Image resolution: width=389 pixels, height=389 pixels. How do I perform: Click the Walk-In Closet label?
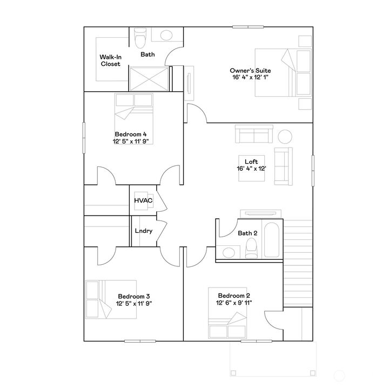(x=110, y=60)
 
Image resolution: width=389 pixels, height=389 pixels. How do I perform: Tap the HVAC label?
(x=143, y=201)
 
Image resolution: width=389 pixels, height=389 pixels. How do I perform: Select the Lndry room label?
(x=143, y=231)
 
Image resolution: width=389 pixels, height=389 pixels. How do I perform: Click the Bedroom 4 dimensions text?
(x=130, y=142)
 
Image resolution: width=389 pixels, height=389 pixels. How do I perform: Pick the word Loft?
(x=251, y=161)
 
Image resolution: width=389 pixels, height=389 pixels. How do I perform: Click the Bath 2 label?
(x=247, y=233)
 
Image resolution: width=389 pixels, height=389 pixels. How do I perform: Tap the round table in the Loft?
(x=285, y=136)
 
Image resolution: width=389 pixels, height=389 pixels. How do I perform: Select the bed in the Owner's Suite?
(x=276, y=73)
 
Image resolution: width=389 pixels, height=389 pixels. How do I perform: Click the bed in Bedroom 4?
(x=134, y=108)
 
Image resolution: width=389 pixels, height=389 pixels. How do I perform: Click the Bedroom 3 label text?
(x=133, y=296)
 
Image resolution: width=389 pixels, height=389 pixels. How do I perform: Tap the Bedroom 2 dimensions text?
(x=234, y=303)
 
